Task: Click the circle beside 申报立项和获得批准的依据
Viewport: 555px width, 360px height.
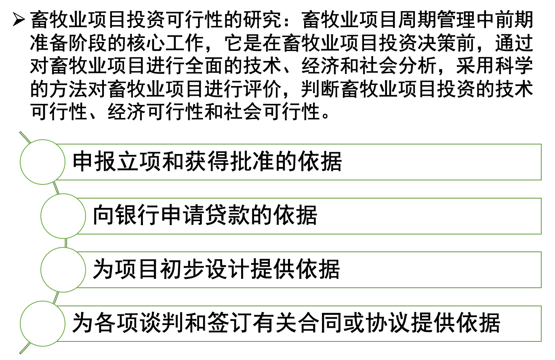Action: (42, 162)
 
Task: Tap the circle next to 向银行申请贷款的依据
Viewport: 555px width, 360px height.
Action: (63, 216)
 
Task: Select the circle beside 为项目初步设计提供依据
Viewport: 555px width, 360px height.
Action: (63, 270)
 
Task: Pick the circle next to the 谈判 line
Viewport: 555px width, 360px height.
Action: (42, 324)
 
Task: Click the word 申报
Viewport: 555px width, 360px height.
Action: (95, 162)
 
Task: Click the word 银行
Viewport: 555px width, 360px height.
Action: (138, 215)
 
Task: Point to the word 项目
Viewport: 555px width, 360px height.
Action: (138, 269)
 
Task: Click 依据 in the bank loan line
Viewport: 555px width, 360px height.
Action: (295, 215)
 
